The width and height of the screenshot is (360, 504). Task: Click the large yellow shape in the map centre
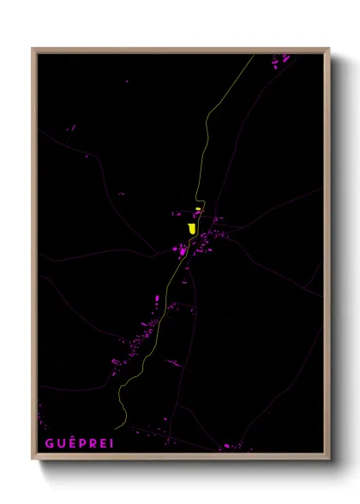pos(191,228)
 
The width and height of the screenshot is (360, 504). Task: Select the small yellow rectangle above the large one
pos(198,209)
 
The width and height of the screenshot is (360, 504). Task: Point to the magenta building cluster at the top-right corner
pos(281,59)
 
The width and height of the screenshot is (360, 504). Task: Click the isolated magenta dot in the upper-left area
pos(127,81)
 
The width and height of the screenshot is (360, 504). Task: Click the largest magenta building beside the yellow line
pos(181,250)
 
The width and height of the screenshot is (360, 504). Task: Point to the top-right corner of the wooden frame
pos(328,49)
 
